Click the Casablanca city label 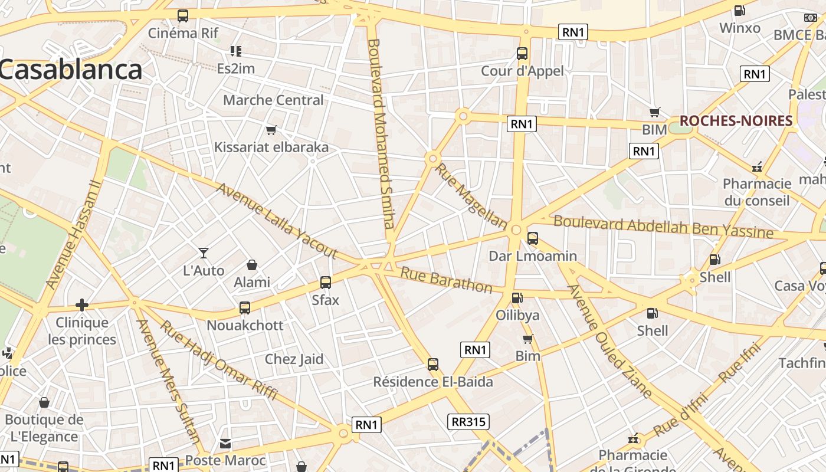(71, 70)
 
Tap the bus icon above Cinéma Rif (183, 16)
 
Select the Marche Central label (273, 100)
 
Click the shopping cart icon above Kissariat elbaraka (271, 130)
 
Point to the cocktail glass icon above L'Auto (204, 253)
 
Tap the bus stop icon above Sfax (326, 283)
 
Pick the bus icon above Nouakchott (245, 307)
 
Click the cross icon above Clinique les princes (82, 304)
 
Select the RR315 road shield (468, 422)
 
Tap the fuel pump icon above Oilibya (517, 298)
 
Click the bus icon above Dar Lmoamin (533, 238)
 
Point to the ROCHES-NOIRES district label (736, 121)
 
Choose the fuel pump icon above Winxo (739, 11)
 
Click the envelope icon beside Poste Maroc (225, 443)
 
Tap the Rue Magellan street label (471, 196)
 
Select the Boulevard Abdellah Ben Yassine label (663, 227)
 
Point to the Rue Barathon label (446, 280)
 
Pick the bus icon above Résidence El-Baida (433, 365)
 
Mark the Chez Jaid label (294, 359)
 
